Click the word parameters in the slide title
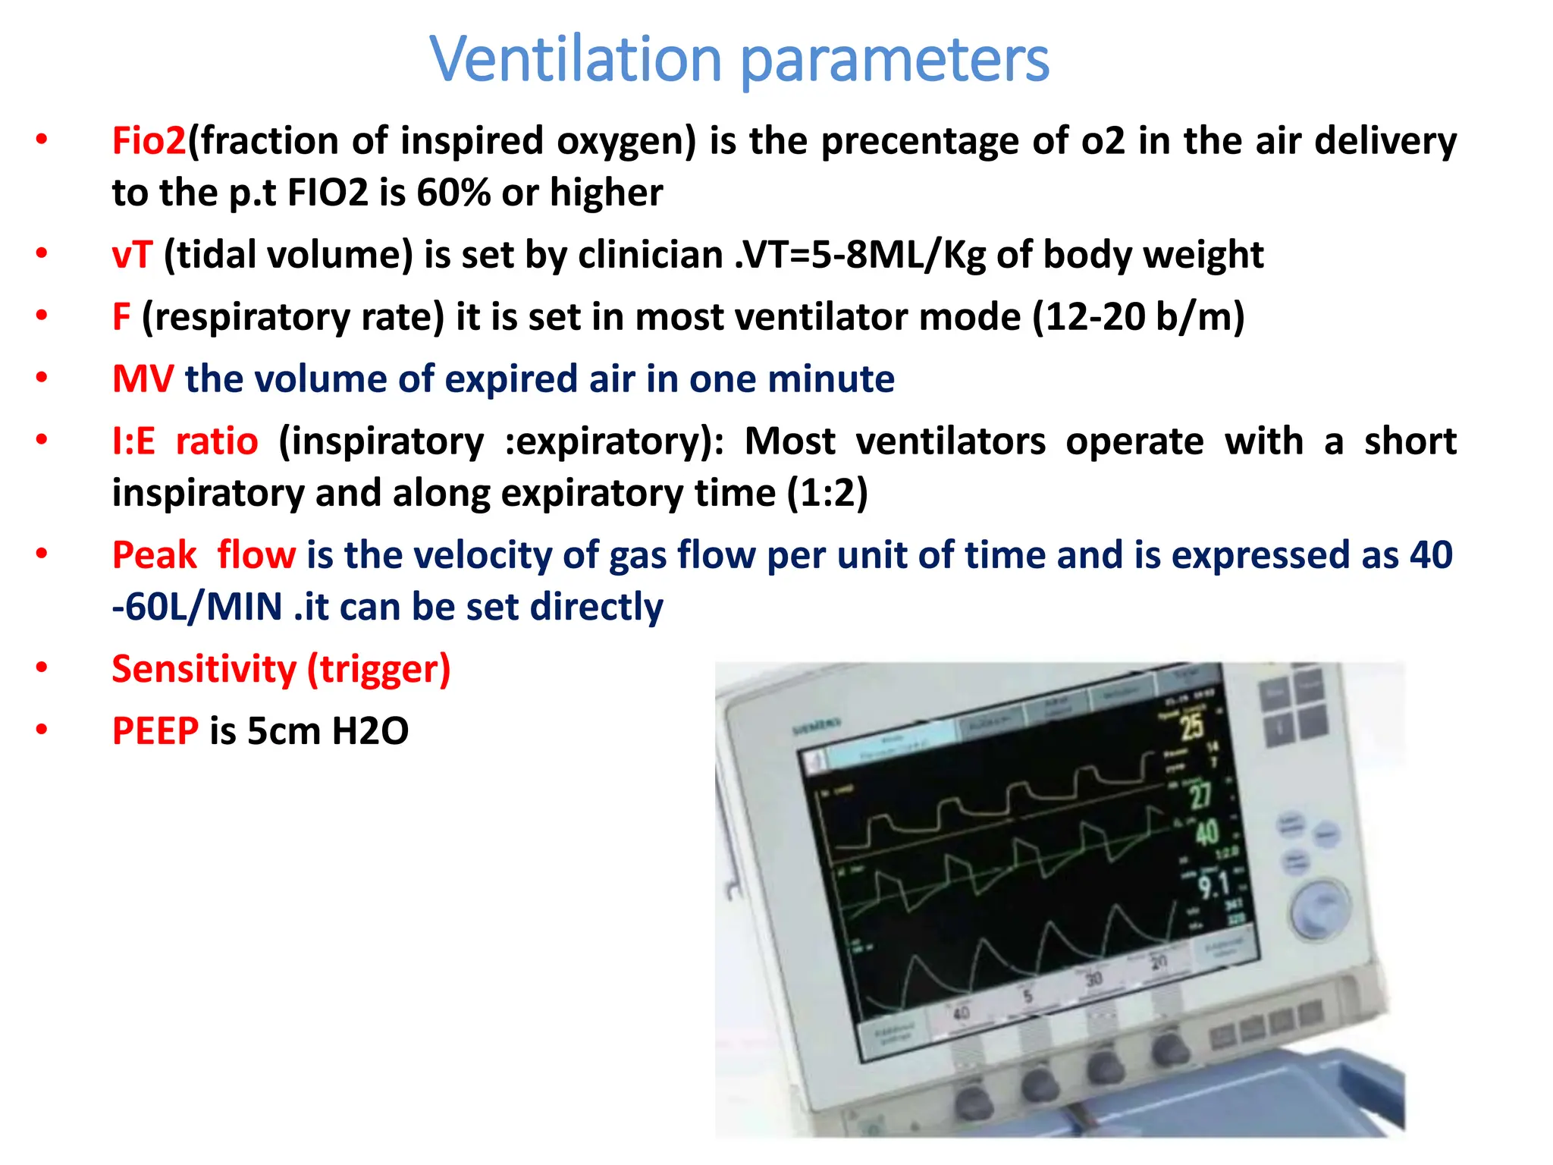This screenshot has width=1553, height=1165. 895,61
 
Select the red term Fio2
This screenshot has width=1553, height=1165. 149,141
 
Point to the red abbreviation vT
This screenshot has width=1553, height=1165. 132,255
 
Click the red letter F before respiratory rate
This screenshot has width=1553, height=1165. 121,317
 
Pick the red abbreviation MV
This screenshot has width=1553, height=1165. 143,379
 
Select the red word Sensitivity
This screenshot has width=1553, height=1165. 204,669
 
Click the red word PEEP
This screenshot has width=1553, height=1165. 155,731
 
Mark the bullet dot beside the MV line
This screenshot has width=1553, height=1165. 42,377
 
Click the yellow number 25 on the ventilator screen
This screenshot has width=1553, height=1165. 1191,726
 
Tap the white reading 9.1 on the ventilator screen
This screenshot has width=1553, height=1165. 1213,885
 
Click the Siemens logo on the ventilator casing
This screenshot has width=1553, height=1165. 817,727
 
